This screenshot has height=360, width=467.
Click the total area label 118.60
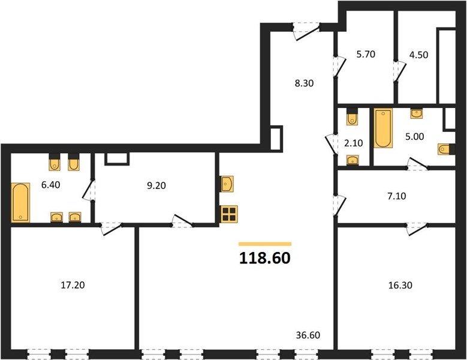tap(264, 258)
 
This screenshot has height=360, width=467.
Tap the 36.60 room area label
tap(308, 335)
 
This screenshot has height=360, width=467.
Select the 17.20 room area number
tap(73, 285)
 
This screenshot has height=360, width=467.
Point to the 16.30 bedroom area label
tap(400, 285)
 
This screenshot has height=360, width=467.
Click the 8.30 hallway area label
tap(304, 83)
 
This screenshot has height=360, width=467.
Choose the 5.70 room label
tap(366, 54)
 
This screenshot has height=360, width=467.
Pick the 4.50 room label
tap(418, 55)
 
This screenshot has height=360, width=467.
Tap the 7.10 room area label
tap(397, 196)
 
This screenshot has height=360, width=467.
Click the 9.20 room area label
tap(156, 185)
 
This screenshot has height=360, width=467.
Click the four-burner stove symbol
tap(229, 214)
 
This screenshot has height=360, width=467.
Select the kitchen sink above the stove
tap(227, 184)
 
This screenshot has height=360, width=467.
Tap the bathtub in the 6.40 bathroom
tap(20, 202)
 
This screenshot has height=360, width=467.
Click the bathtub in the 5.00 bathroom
tap(383, 128)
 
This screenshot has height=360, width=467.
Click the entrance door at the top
tap(306, 31)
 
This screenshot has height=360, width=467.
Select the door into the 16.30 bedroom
tap(417, 229)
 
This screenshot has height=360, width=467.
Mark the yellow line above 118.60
tap(265, 244)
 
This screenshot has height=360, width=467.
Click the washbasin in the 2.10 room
tap(352, 160)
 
